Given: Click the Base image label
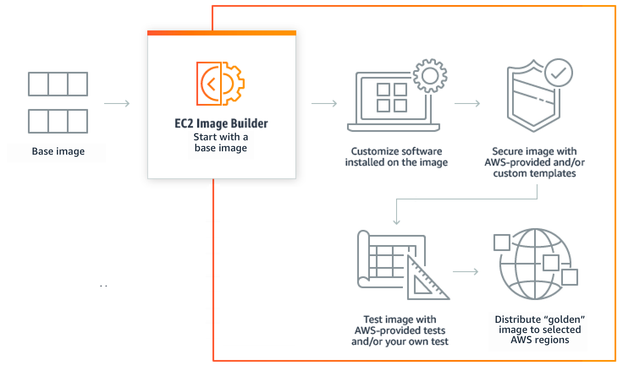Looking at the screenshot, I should [x=58, y=151].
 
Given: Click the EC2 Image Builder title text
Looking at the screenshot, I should [x=221, y=123].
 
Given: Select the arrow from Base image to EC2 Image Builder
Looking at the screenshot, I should [x=117, y=104].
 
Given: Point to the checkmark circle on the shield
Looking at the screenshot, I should [x=558, y=73].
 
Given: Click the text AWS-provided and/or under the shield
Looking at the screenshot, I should [x=535, y=162].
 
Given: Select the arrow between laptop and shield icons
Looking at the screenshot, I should [x=467, y=104].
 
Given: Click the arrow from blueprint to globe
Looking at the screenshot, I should [x=466, y=272].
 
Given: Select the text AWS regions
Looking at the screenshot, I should [x=540, y=340].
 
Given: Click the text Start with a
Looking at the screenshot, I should [x=221, y=137].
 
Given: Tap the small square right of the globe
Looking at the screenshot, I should [x=569, y=277].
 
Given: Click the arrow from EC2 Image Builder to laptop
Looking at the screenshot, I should [x=324, y=104].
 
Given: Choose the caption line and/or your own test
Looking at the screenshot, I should [x=400, y=341].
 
